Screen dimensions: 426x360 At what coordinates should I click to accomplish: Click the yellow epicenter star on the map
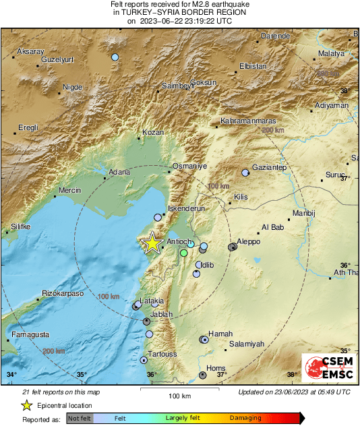coord(153,243)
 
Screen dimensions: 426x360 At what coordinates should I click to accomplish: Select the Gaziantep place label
coord(269,167)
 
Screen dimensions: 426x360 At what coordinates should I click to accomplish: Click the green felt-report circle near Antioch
coord(184,253)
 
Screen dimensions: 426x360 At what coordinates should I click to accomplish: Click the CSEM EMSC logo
coord(326,369)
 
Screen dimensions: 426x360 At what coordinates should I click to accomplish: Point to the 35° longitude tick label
coord(82,375)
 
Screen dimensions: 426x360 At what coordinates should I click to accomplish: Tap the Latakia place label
coord(152,301)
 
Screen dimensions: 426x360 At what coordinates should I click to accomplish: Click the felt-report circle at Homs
coord(203,375)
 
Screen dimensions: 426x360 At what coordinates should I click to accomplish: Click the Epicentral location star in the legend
coord(26,405)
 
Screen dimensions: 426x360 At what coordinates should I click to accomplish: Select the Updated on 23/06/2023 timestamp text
coord(294,392)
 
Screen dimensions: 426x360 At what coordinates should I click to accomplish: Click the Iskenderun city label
coord(185,209)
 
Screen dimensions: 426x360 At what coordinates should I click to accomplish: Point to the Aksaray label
coord(30,52)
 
